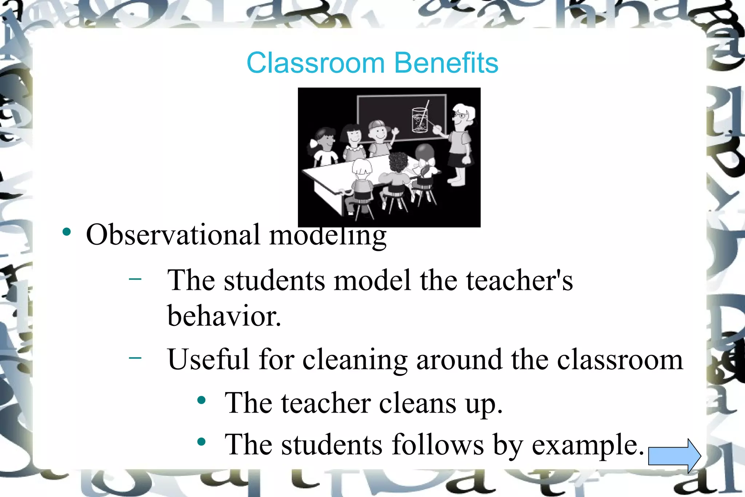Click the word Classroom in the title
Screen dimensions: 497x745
[315, 63]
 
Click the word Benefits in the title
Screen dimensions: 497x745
[446, 63]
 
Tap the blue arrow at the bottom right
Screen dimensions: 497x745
[674, 456]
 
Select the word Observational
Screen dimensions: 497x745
[173, 235]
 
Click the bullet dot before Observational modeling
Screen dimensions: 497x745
[67, 232]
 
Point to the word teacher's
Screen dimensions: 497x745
[519, 280]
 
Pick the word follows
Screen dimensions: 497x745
[438, 445]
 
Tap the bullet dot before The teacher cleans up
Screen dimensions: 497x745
[201, 401]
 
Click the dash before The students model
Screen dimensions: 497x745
[135, 279]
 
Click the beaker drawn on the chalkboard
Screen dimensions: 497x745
[419, 119]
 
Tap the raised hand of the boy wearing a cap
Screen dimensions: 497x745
[395, 131]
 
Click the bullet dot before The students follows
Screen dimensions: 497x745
[201, 442]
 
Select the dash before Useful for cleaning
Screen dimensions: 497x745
[135, 358]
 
